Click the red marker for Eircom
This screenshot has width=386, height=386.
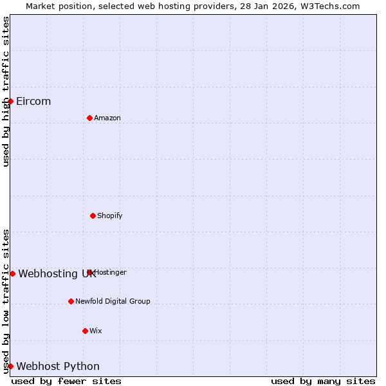click(10, 101)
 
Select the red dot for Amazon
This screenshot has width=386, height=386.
click(89, 118)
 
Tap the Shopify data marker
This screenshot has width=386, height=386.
click(93, 216)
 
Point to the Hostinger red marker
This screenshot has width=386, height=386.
click(90, 272)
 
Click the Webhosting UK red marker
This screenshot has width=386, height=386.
click(12, 273)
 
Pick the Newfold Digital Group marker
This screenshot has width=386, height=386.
click(71, 301)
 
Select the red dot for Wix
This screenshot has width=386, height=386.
click(85, 331)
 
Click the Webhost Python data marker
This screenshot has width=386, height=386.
click(10, 366)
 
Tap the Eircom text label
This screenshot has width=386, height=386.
click(33, 101)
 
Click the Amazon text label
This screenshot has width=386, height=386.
click(107, 118)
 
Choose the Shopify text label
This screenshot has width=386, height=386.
click(110, 216)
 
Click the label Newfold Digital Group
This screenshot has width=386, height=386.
click(113, 301)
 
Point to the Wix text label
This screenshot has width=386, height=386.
click(96, 331)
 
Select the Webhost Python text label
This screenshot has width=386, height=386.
click(58, 366)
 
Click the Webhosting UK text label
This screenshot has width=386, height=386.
click(57, 273)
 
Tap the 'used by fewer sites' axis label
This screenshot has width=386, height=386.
click(66, 381)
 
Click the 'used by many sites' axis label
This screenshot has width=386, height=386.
click(323, 381)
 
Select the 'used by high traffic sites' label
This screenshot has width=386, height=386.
click(6, 91)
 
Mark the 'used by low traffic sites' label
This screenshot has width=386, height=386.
click(6, 300)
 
